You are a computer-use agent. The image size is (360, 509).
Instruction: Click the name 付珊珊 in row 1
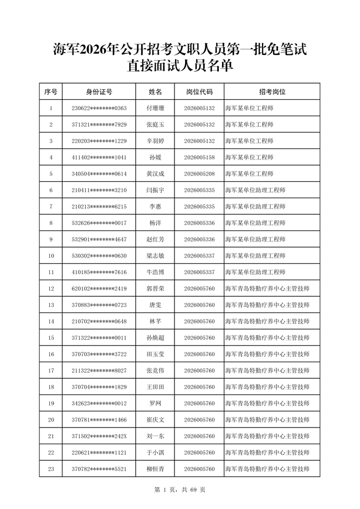point(155,109)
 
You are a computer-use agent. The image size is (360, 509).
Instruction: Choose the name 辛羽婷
point(155,141)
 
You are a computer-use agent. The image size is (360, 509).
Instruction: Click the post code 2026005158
point(199,157)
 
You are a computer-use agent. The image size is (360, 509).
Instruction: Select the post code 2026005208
point(199,174)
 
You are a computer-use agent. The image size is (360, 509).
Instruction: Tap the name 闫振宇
point(155,191)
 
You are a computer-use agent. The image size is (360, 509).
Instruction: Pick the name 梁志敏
point(155,256)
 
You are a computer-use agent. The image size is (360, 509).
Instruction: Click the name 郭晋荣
point(155,289)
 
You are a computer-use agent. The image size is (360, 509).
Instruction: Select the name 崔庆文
point(155,420)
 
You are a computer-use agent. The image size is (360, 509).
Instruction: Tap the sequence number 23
point(51,469)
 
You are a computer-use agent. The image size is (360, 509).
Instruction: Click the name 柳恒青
point(155,469)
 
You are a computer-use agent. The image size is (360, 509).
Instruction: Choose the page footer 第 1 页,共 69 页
point(179,490)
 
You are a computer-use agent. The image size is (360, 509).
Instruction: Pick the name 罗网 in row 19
point(155,404)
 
